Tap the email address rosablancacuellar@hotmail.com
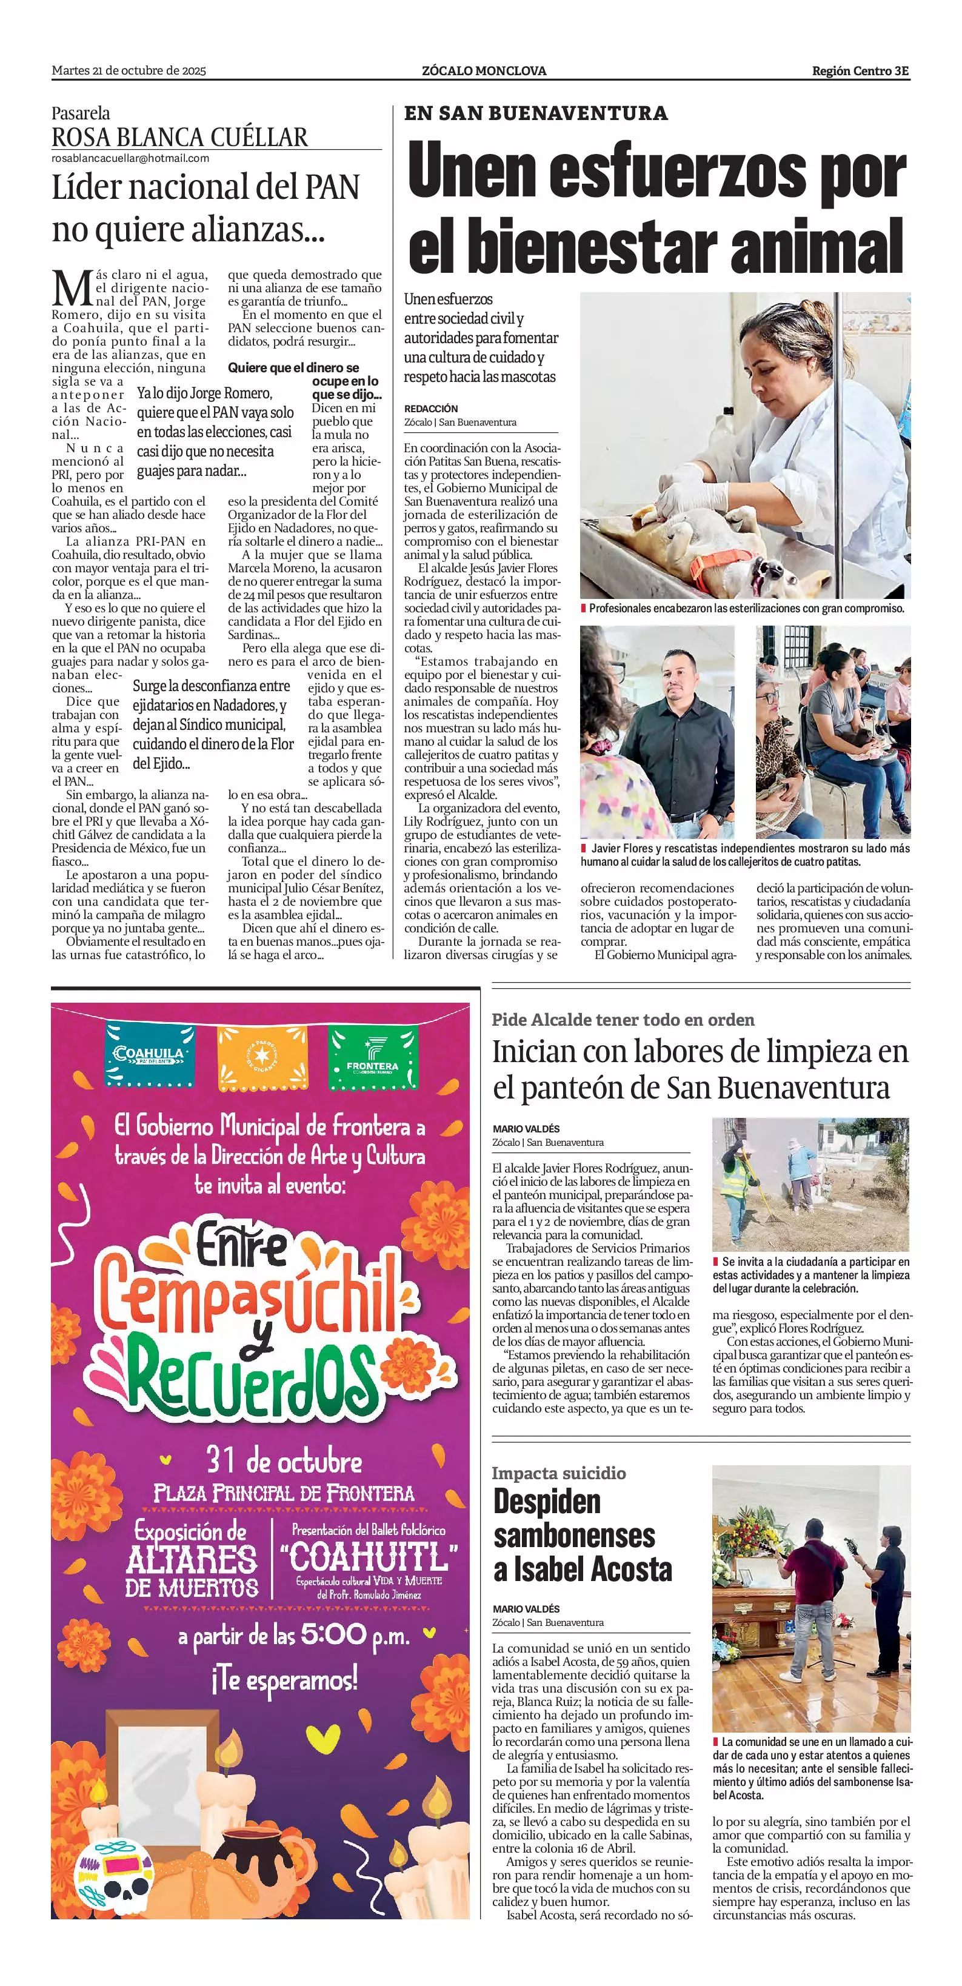point(130,158)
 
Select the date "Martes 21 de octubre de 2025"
point(129,71)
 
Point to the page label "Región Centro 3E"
point(860,71)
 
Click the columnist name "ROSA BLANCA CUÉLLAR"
point(179,137)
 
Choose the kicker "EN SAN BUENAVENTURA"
point(536,113)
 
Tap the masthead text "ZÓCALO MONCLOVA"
point(484,71)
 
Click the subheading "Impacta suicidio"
point(559,1473)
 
